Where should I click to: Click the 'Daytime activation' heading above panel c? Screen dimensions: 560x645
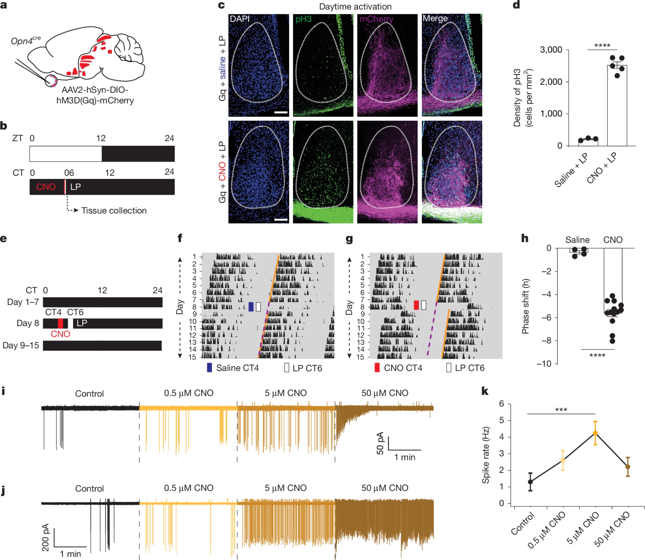pyautogui.click(x=355, y=6)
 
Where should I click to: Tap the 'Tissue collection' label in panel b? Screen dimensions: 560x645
pyautogui.click(x=114, y=211)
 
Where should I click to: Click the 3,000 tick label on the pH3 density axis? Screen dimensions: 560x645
pyautogui.click(x=551, y=50)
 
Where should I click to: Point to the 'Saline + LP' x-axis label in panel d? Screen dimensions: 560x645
pyautogui.click(x=571, y=170)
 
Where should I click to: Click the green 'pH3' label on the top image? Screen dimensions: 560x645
pyautogui.click(x=303, y=19)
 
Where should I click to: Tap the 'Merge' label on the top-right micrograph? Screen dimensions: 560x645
pyautogui.click(x=435, y=18)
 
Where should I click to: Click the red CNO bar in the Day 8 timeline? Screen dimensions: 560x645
pyautogui.click(x=61, y=323)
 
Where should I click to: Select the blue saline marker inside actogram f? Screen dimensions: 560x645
pyautogui.click(x=251, y=307)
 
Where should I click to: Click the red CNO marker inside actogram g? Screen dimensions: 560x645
pyautogui.click(x=416, y=305)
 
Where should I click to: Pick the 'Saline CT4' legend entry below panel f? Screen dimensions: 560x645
pyautogui.click(x=233, y=368)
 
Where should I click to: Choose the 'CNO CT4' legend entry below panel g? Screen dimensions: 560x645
pyautogui.click(x=398, y=368)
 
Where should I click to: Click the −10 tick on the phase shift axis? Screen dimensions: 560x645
pyautogui.click(x=544, y=364)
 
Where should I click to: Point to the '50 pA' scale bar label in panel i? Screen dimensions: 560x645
pyautogui.click(x=380, y=443)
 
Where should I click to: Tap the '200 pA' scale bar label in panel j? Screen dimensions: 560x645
pyautogui.click(x=45, y=537)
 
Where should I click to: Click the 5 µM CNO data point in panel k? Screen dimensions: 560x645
pyautogui.click(x=595, y=433)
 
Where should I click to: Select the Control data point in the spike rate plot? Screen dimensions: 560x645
pyautogui.click(x=530, y=482)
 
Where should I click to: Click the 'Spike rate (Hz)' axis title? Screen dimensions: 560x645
pyautogui.click(x=486, y=455)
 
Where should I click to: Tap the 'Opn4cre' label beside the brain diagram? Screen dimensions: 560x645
pyautogui.click(x=25, y=41)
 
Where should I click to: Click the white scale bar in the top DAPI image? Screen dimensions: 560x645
pyautogui.click(x=281, y=113)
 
